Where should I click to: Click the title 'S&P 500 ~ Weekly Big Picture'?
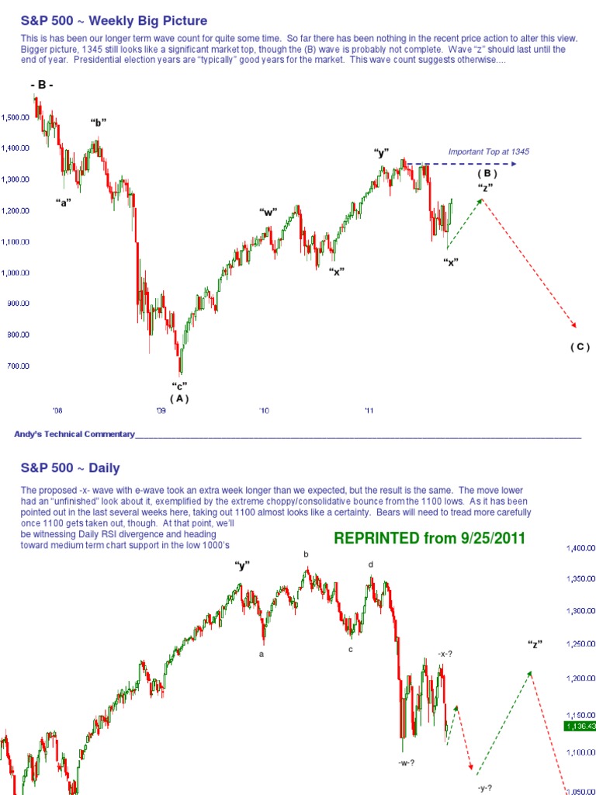tap(114, 20)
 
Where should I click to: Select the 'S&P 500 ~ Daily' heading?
tap(71, 467)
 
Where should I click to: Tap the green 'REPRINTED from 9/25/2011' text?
tap(429, 537)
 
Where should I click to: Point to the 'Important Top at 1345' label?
tap(488, 151)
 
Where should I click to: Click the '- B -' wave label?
tap(42, 85)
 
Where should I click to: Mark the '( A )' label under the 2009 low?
tap(179, 398)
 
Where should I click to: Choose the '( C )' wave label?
tap(579, 346)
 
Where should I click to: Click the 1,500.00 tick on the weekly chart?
tap(15, 117)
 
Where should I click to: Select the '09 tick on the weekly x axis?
tap(161, 411)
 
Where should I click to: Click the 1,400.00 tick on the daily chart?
tap(580, 549)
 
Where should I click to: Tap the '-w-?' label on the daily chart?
tap(407, 763)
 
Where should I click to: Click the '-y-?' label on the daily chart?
tap(486, 787)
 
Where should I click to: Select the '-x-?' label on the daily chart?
tap(445, 654)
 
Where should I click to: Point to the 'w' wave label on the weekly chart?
tap(269, 211)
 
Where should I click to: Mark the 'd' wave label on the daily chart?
tap(370, 564)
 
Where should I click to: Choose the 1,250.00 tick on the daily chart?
tap(580, 644)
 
